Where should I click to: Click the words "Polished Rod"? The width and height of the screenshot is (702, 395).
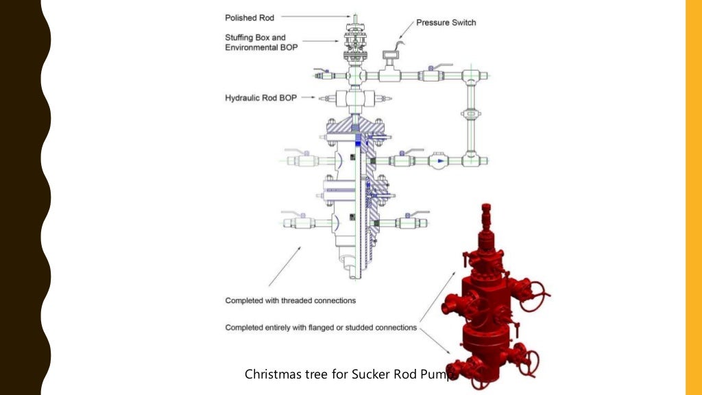pyautogui.click(x=250, y=17)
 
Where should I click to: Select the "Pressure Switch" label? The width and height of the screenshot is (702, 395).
pyautogui.click(x=446, y=23)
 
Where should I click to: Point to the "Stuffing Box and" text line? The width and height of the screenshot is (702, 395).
pyautogui.click(x=256, y=37)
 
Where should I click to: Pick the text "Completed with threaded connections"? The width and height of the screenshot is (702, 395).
pyautogui.click(x=291, y=300)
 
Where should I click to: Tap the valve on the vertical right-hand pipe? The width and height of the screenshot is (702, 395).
pyautogui.click(x=470, y=114)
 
